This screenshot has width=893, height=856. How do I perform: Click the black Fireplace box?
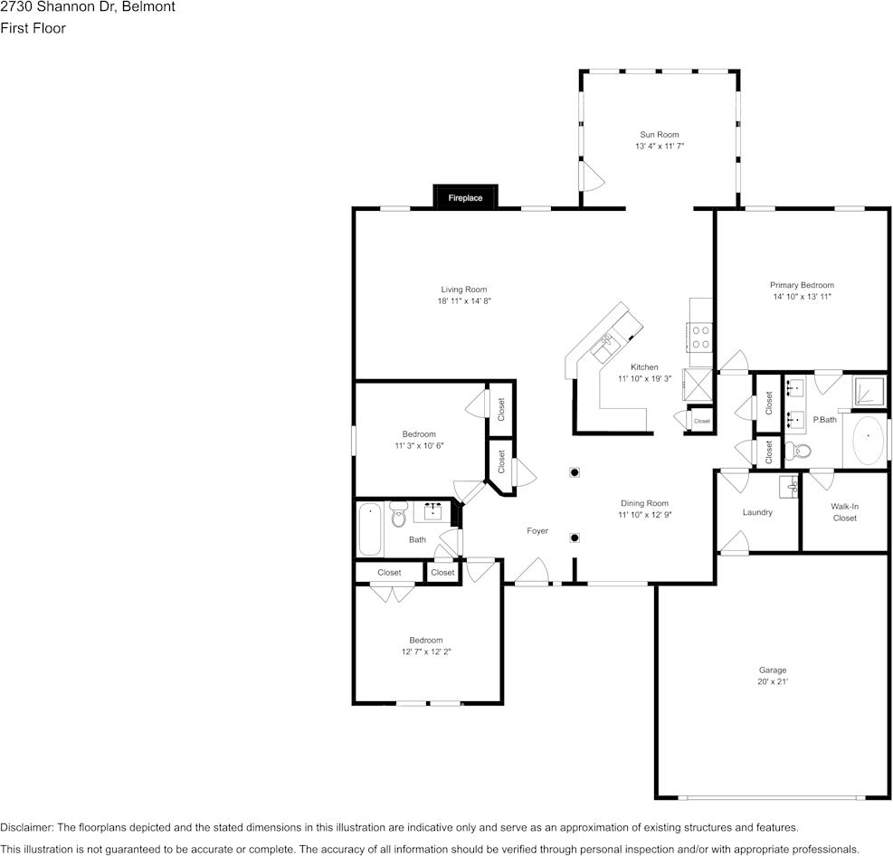[465, 197]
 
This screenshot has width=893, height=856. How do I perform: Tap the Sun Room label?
[659, 135]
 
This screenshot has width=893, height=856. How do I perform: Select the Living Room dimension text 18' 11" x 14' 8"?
[463, 301]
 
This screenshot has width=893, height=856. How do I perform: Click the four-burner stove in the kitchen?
[701, 338]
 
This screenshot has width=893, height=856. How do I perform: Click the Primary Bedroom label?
[802, 285]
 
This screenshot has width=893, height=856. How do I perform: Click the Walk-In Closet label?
[844, 512]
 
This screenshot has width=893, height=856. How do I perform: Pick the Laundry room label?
[757, 512]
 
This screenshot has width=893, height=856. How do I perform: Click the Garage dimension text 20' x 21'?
[773, 681]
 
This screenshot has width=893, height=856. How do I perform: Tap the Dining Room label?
[644, 503]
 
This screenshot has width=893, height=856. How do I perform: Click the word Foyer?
[537, 531]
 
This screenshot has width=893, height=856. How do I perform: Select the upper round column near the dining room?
[575, 471]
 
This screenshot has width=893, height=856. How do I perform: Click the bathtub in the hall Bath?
[370, 529]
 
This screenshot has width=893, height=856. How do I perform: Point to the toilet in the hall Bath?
[399, 516]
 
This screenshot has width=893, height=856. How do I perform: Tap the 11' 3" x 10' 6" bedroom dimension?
[419, 445]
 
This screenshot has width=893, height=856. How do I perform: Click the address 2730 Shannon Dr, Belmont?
[88, 7]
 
